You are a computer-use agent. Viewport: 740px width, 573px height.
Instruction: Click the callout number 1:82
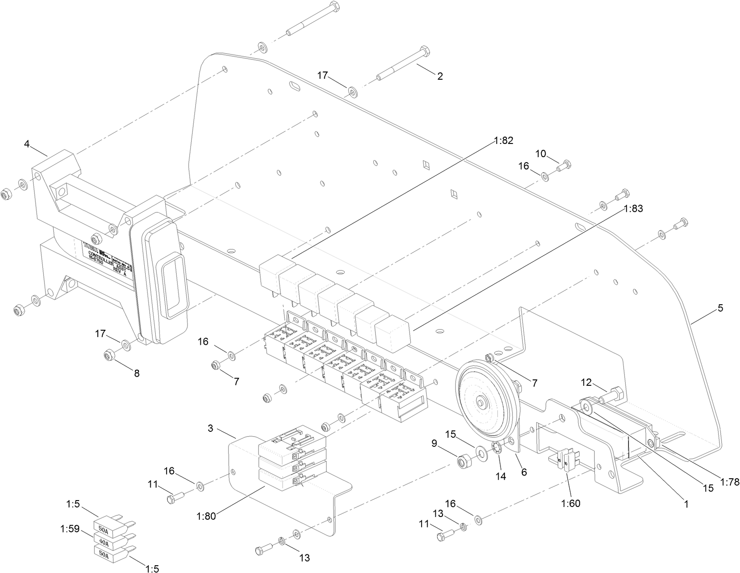pos(503,141)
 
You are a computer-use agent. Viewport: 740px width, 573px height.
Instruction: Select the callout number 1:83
pos(633,209)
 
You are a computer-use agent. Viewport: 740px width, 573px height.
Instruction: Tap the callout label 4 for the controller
pos(27,144)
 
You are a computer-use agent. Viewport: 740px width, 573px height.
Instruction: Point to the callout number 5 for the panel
pos(720,308)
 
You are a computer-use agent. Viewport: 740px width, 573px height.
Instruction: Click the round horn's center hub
pos(481,403)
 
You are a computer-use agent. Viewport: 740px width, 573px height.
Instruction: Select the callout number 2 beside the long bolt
pos(439,77)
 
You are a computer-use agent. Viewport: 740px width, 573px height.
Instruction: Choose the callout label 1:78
pos(730,481)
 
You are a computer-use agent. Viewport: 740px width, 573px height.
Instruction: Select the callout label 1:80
pos(206,516)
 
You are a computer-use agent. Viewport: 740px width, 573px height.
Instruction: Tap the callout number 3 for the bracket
pos(210,428)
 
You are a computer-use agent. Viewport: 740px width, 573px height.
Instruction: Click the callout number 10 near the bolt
pos(541,153)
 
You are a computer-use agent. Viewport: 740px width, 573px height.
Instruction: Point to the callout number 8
pos(136,373)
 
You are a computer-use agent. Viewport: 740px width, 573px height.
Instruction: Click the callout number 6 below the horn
pos(524,472)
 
